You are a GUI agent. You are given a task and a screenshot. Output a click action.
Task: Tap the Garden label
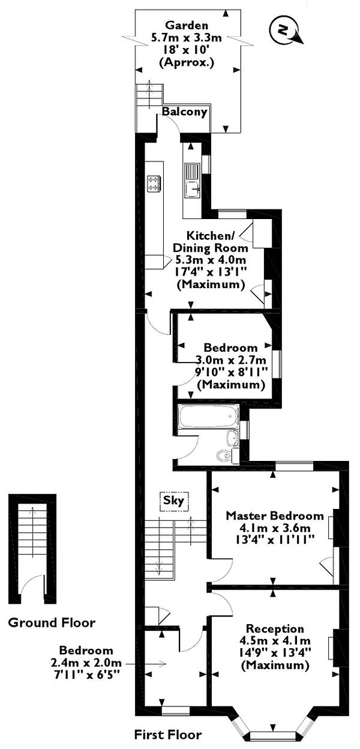coord(187,25)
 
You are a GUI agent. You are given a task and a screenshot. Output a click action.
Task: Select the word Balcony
coord(185,112)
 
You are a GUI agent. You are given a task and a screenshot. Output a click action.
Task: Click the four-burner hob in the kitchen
coord(154,184)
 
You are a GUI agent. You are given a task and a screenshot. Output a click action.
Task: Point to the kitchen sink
coord(193,181)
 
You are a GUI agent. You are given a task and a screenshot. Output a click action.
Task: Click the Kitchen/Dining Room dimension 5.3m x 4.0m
coord(211,260)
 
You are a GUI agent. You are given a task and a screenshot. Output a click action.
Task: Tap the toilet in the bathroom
coord(224,455)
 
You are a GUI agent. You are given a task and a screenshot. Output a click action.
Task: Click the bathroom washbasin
coord(232,438)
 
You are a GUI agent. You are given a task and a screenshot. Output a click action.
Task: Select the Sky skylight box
coord(174,501)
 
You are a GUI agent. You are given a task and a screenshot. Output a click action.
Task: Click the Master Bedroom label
coord(275,516)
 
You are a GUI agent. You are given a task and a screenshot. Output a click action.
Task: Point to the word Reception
coord(275,629)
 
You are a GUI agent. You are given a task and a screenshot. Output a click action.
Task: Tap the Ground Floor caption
coord(52,622)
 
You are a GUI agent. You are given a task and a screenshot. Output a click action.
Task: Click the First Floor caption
coord(168,735)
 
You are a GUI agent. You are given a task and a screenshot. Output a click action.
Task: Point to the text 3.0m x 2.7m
coord(230,359)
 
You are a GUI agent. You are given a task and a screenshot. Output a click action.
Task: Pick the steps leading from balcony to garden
coord(149,96)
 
